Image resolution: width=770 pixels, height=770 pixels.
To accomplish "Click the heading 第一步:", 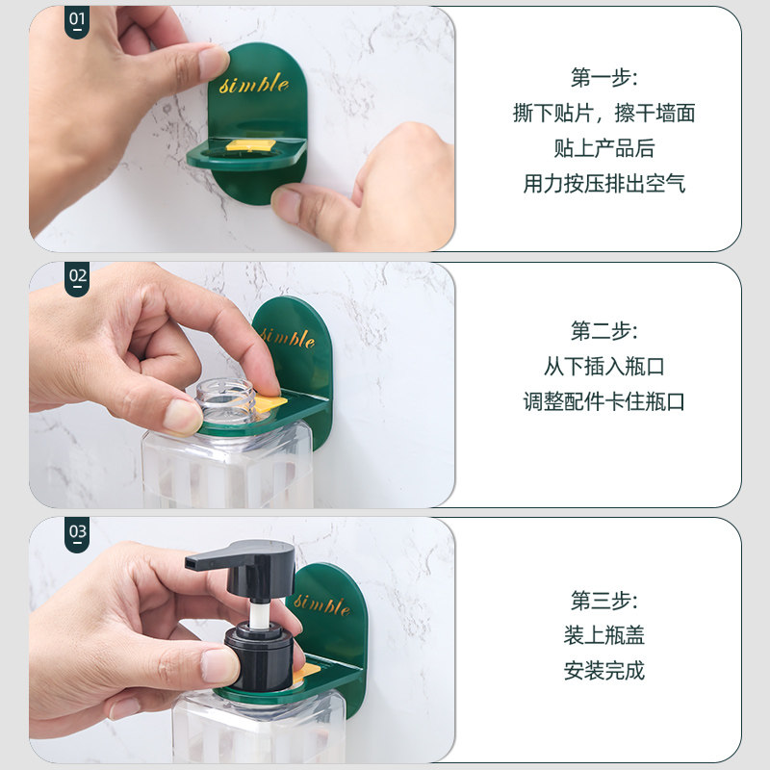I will pos(603,78).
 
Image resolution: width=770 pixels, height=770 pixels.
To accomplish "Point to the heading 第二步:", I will pos(603,332).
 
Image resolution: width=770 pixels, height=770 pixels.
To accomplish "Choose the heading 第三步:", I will pos(603,602).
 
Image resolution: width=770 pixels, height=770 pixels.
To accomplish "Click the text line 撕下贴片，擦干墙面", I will pos(603,114).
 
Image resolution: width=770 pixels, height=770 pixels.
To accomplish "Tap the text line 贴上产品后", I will pos(603,148).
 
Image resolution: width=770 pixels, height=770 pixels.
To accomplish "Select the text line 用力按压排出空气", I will pos(603,184).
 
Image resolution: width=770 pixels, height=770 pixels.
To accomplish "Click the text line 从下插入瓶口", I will pos(603,367).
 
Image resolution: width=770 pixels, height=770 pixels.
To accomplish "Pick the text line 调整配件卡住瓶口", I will pos(603,401).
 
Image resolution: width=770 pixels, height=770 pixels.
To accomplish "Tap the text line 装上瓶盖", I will pos(603,636).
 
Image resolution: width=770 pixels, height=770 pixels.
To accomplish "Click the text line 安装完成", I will pos(603,671).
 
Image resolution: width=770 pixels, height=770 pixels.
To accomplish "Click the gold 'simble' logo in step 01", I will pos(254,84).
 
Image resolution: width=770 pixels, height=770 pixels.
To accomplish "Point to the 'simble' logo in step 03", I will pos(322,604).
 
